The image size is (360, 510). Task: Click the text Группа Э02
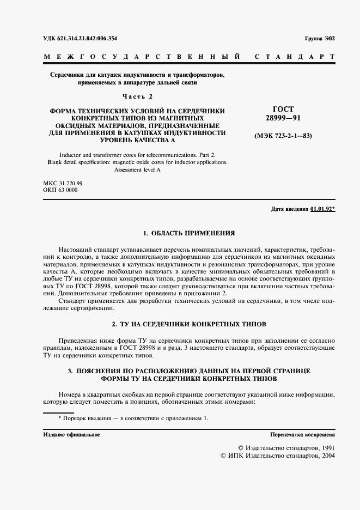pos(320,39)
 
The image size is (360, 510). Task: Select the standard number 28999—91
pos(279,118)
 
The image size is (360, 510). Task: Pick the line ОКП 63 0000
pos(59,191)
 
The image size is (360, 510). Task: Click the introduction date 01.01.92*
pos(323,210)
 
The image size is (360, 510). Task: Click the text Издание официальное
pos(71,434)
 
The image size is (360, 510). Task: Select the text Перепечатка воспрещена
pos(302,434)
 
